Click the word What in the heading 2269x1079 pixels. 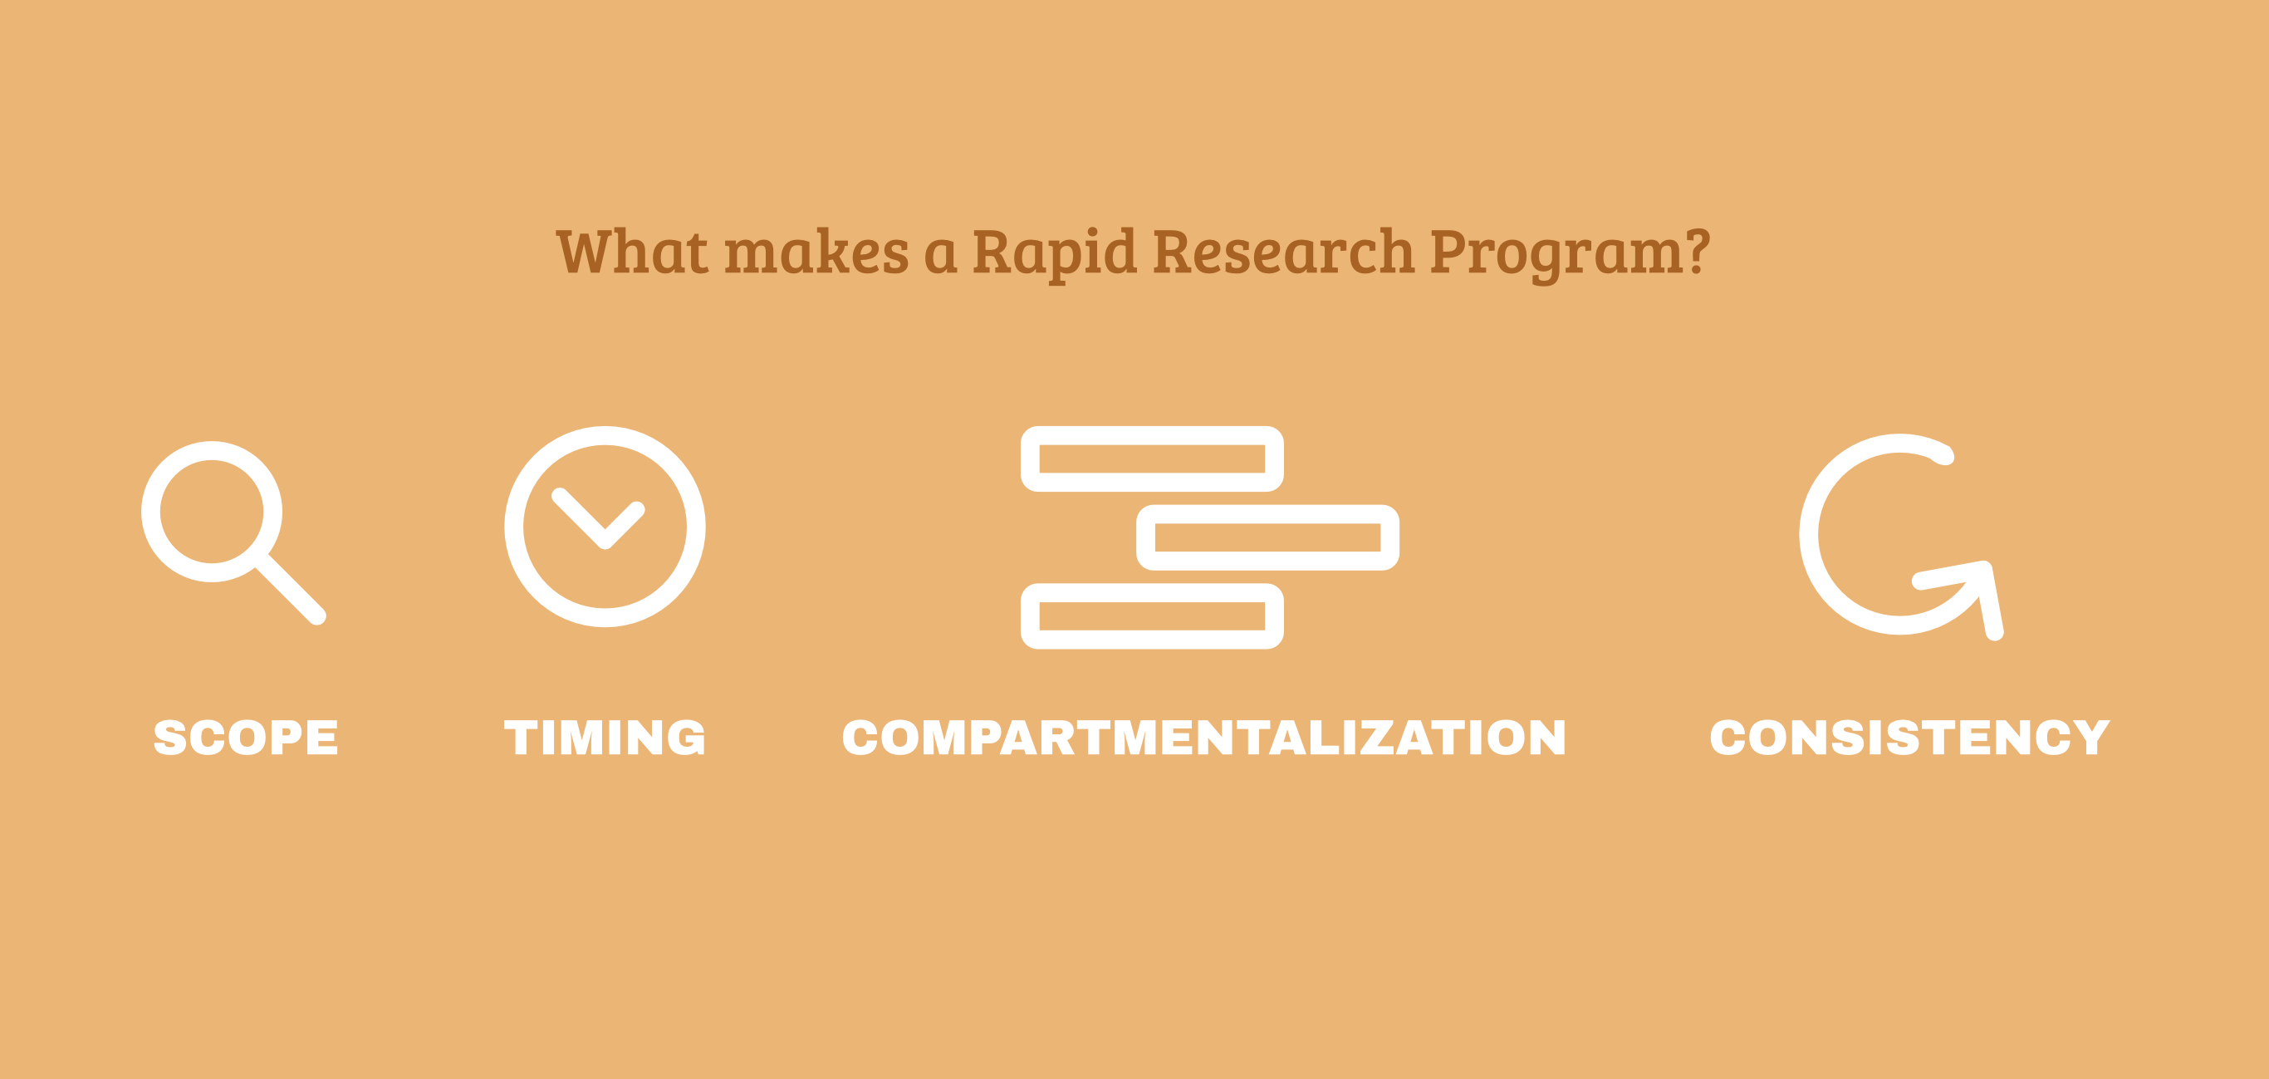(x=632, y=252)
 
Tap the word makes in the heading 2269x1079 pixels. (x=816, y=252)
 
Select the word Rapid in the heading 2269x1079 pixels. (x=1054, y=252)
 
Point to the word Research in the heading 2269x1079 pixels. (x=1282, y=252)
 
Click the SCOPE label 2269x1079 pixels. (x=246, y=738)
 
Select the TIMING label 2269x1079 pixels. (x=605, y=738)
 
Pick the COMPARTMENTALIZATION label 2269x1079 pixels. (x=1204, y=738)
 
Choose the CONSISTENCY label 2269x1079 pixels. (x=1909, y=738)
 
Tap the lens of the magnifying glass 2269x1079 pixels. (x=213, y=512)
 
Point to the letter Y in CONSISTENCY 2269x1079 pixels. (x=2090, y=738)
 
